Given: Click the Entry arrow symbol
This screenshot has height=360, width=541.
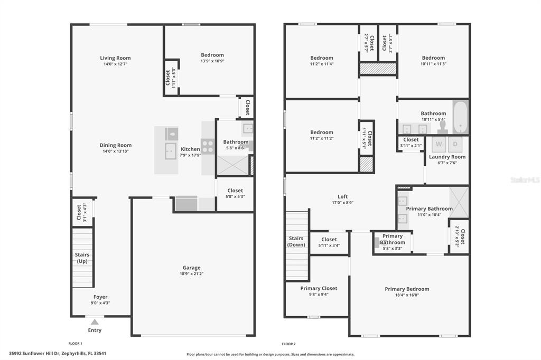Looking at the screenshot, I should (95, 321).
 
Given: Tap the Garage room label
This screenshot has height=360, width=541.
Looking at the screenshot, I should (191, 268).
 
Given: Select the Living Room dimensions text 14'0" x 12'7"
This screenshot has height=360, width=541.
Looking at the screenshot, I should (115, 64).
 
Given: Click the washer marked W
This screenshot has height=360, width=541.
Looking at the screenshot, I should (439, 144).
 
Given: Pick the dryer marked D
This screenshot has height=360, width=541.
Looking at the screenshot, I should (455, 144).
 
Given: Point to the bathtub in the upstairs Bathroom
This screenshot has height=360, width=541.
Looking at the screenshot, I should (460, 117).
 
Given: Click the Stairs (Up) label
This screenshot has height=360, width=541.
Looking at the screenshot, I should (82, 258).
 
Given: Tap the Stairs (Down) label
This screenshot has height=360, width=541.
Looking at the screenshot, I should (296, 241).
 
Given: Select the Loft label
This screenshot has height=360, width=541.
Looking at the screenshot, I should (343, 197).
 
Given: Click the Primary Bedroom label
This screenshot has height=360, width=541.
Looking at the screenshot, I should (407, 289).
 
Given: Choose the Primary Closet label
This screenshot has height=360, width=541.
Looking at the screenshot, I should (319, 288).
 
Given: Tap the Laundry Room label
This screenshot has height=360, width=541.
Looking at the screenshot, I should (447, 157).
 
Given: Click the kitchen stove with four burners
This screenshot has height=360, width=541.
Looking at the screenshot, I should (208, 146).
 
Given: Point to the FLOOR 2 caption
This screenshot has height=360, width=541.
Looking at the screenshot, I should (288, 344).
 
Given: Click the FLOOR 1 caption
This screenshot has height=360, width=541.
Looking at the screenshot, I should (76, 344).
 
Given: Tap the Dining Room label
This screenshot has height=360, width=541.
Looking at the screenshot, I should (116, 145).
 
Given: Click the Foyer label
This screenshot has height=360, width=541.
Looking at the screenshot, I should (100, 297).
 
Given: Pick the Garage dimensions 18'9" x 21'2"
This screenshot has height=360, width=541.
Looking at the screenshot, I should (191, 274).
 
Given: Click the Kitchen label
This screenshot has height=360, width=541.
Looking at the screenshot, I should (190, 149).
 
